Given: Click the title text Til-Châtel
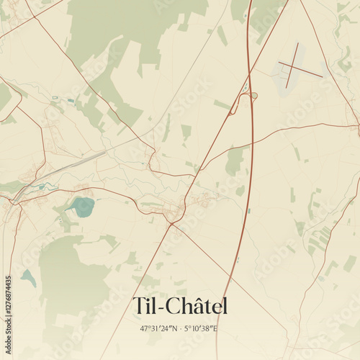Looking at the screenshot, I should tap(180, 306).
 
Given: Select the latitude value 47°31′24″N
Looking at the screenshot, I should tap(159, 329).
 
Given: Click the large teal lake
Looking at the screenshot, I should tap(83, 207).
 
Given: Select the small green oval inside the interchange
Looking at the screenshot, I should tap(254, 95).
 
